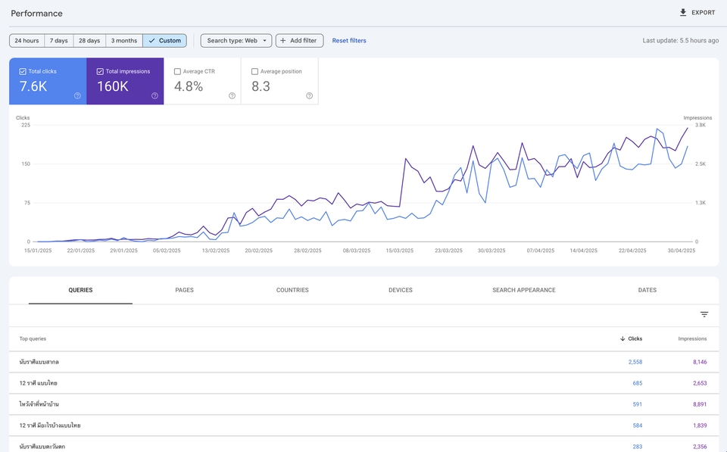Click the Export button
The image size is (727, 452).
pos(697,13)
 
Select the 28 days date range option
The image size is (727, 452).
pos(89,40)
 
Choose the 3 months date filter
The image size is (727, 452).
pos(123,40)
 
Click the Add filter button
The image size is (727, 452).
pos(299,40)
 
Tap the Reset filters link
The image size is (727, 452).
pos(349,41)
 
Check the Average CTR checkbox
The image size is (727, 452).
pos(178,72)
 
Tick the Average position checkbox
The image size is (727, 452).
pos(255,72)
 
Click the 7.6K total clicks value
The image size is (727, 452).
pos(33,86)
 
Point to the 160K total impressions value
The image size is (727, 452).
pos(113,86)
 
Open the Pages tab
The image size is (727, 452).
pos(184,290)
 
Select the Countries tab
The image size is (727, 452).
pos(292,290)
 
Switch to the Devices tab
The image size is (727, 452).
pos(401,290)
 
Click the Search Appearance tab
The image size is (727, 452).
pos(524,290)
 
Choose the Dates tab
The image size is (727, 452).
pos(647,290)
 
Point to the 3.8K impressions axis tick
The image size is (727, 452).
pos(700,126)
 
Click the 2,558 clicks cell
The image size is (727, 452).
pos(635,362)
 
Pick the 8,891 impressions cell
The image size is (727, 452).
pos(699,404)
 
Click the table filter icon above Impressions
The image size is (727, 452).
pos(704,314)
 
